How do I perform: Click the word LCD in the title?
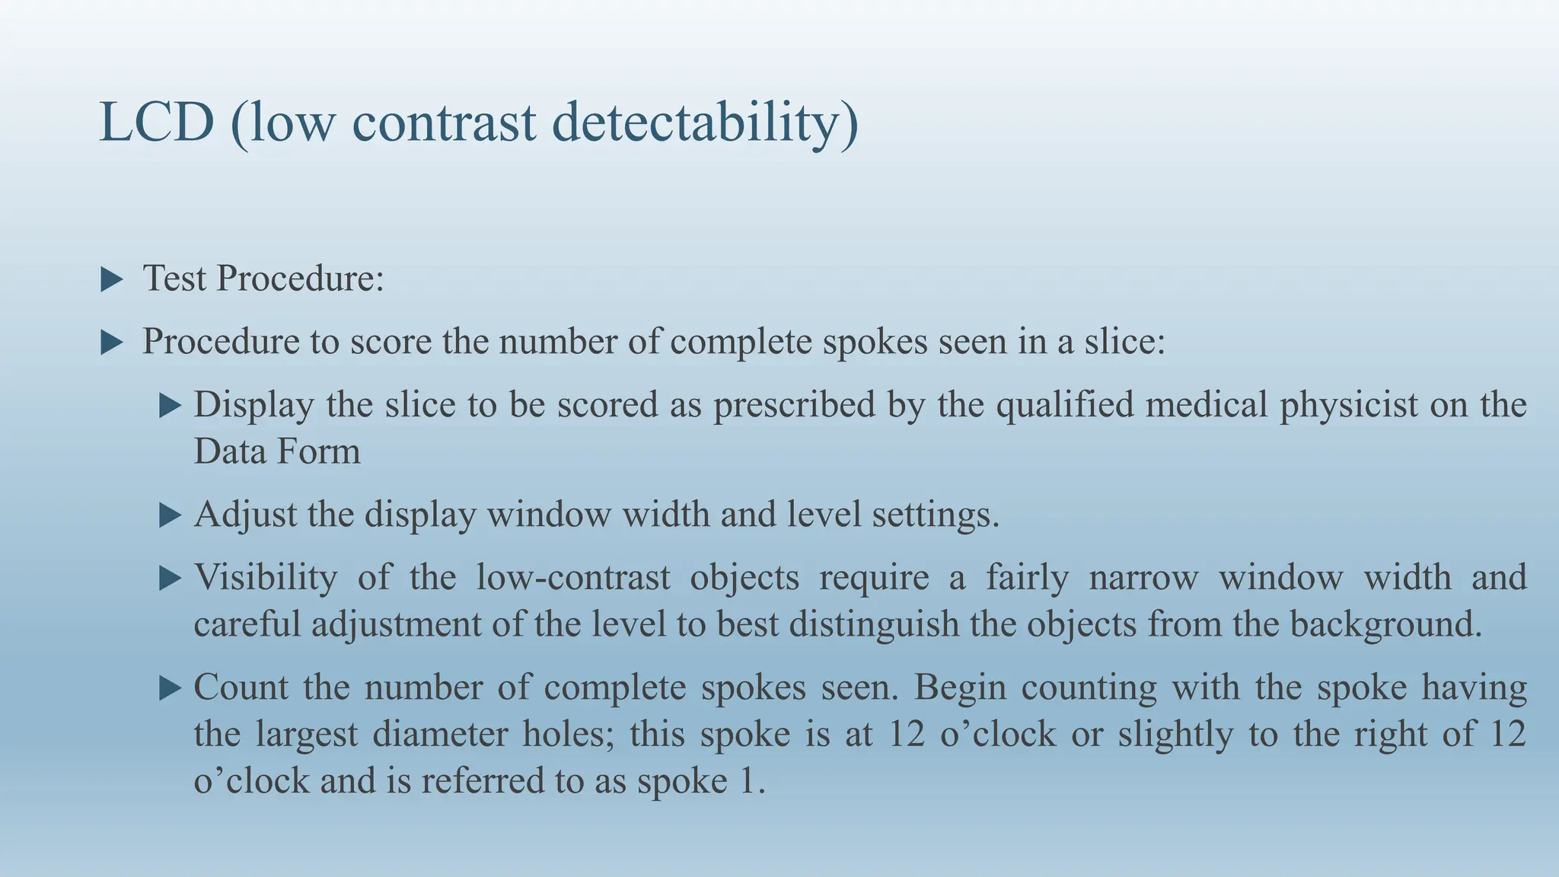click(x=157, y=123)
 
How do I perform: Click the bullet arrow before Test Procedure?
click(x=112, y=279)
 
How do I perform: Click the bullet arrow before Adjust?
click(x=170, y=515)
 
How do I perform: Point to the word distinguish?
click(x=873, y=624)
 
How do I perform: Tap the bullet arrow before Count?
click(x=170, y=688)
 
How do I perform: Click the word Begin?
click(x=958, y=687)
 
